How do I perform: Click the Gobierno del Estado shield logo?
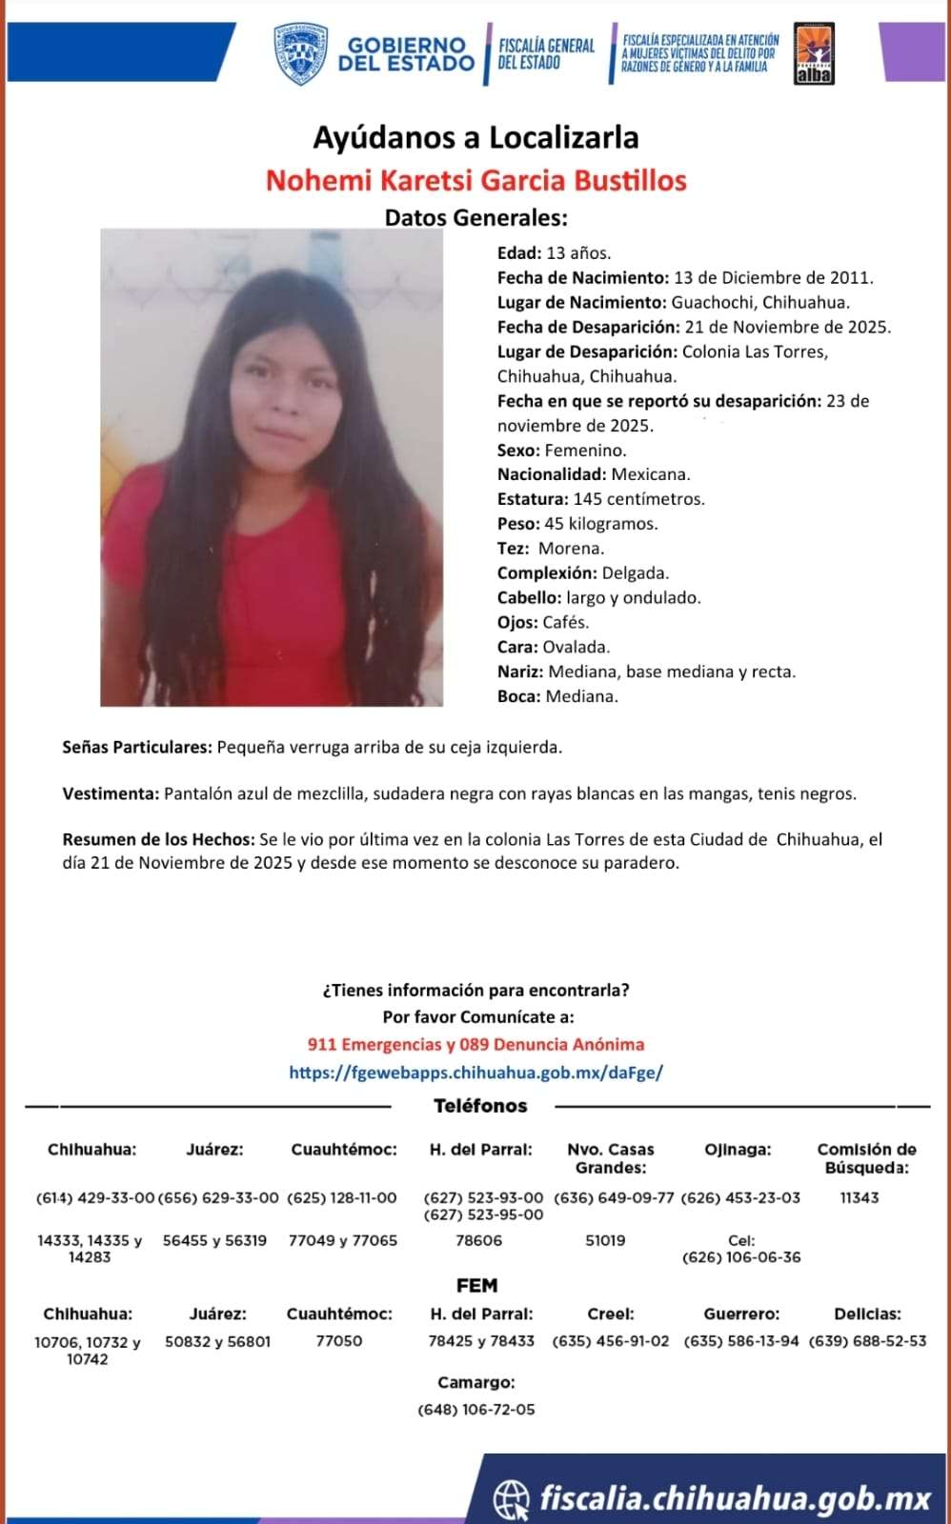[x=301, y=54]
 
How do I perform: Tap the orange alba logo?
[x=814, y=54]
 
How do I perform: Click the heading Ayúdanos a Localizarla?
[x=475, y=138]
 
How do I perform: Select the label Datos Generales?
[x=475, y=217]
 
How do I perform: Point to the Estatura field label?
[x=533, y=499]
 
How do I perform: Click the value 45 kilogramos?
[x=600, y=524]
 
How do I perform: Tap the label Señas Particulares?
[x=137, y=748]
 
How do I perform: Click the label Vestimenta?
[x=111, y=793]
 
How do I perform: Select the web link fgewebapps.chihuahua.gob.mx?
[x=475, y=1073]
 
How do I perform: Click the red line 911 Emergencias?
[x=475, y=1045]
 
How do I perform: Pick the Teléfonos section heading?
[x=480, y=1106]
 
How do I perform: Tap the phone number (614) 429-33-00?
[x=94, y=1197]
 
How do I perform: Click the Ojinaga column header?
[x=738, y=1150]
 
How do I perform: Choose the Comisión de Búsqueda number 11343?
[x=860, y=1197]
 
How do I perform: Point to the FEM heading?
[x=476, y=1286]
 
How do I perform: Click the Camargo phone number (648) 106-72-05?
[x=476, y=1410]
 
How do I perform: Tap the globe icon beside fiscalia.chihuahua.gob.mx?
[x=512, y=1499]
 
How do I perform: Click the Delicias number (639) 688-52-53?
[x=867, y=1341]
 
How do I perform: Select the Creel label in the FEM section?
[x=611, y=1314]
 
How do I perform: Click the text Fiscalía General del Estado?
[x=546, y=54]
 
